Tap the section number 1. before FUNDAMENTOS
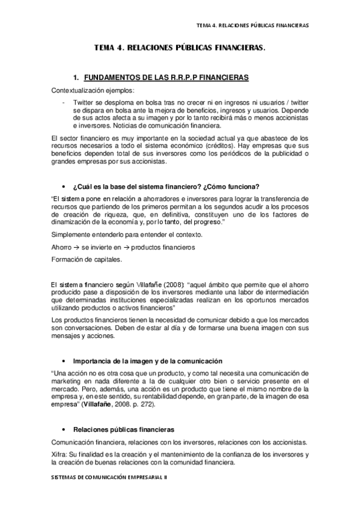(76, 78)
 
